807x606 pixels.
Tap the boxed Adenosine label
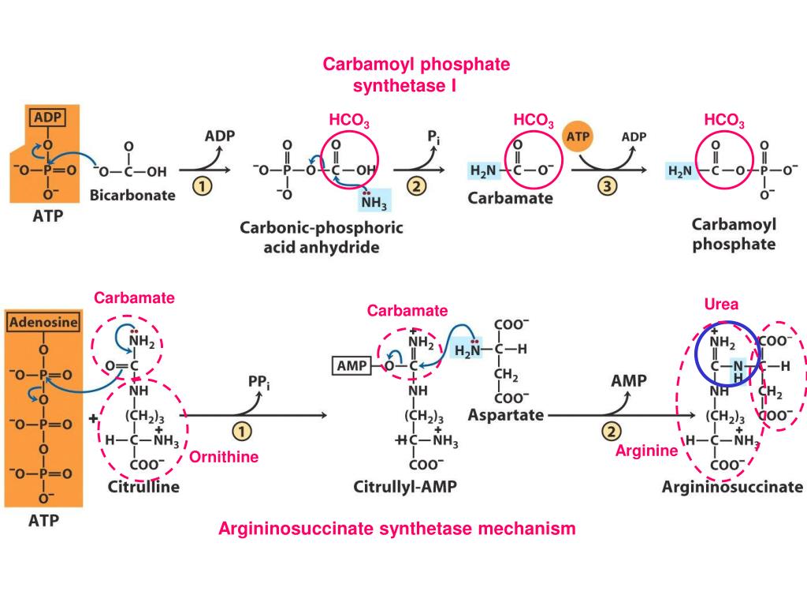43,322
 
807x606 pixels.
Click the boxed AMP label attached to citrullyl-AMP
351,366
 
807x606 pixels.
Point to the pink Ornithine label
224,458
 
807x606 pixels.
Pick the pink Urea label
721,305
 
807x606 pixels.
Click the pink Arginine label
646,451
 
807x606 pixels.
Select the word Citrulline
143,487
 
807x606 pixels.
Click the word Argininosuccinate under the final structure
732,488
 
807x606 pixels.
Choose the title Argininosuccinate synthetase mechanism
396,529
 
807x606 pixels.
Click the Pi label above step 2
433,137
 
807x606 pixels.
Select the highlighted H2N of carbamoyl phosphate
681,170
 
